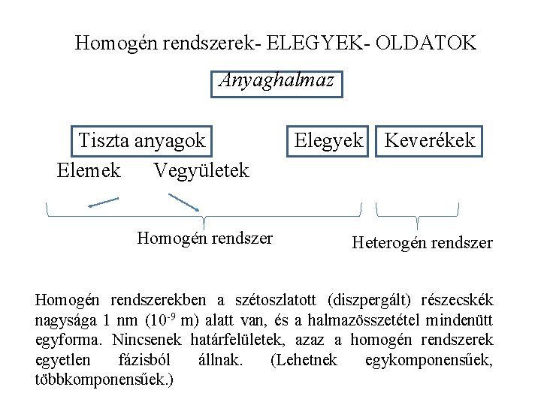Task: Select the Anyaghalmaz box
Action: coord(277,83)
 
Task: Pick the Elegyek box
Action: coord(329,140)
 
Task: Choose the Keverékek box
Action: coord(429,140)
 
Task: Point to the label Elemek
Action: coord(89,171)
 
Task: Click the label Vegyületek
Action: coord(201,171)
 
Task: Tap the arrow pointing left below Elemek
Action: coord(103,201)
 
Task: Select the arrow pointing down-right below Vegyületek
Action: coord(183,202)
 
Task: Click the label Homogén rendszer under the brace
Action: coord(204,239)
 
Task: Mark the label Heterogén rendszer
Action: coord(422,243)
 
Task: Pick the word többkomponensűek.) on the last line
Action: coord(104,379)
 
